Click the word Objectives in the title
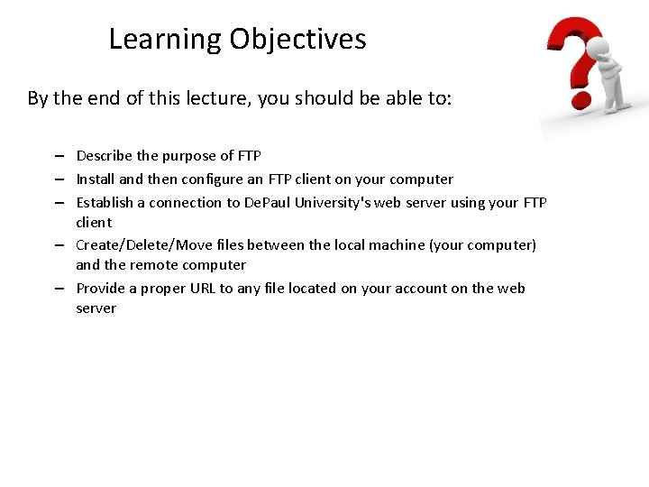[297, 40]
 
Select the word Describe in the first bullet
[105, 156]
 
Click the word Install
[96, 179]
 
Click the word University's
[333, 203]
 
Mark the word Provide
[103, 289]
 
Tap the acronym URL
[204, 289]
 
